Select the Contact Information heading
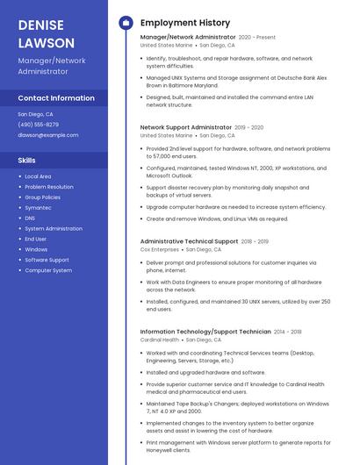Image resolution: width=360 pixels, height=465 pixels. click(x=56, y=98)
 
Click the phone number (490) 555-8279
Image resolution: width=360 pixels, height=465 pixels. click(x=39, y=125)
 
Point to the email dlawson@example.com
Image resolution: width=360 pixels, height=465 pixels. click(x=48, y=135)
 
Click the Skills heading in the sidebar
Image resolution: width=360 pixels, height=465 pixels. click(x=27, y=161)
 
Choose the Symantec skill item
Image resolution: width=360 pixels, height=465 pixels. click(x=38, y=207)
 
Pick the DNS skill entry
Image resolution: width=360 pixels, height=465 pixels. click(x=30, y=218)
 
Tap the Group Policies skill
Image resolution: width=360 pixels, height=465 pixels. click(x=42, y=197)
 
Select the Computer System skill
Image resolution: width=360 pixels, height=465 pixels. click(x=48, y=270)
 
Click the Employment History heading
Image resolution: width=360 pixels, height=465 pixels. click(x=185, y=23)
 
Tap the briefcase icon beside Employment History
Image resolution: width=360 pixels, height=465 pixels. click(x=126, y=23)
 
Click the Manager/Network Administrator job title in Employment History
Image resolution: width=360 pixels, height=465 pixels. click(x=188, y=38)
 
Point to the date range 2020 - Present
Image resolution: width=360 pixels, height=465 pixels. click(x=257, y=38)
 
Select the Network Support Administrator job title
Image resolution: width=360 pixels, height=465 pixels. click(x=186, y=127)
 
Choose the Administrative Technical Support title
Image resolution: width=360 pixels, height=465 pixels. click(x=189, y=241)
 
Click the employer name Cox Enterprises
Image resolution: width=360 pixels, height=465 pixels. click(x=159, y=250)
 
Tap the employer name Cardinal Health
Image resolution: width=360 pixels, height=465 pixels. click(x=160, y=340)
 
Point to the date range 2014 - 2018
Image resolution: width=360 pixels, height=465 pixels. click(x=288, y=332)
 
